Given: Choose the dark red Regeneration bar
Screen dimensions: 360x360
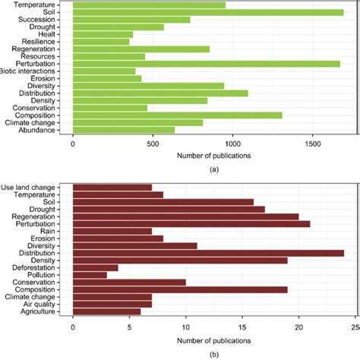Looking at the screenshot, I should point(185,216).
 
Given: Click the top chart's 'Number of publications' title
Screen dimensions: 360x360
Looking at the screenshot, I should point(214,155).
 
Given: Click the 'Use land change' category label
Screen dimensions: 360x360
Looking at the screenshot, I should point(34,187).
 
